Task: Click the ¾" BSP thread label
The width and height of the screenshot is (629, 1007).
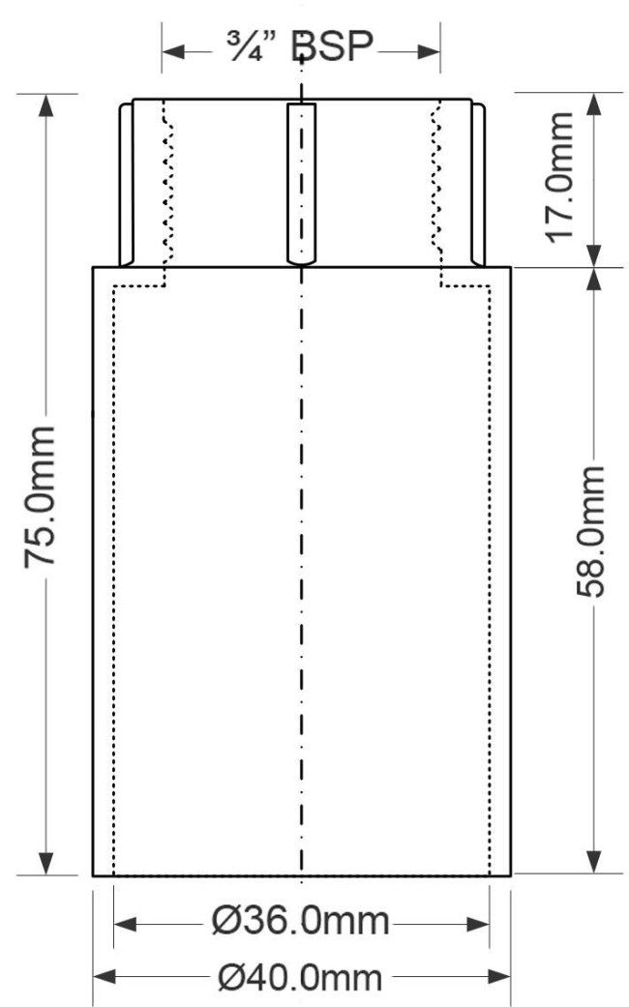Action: pyautogui.click(x=300, y=46)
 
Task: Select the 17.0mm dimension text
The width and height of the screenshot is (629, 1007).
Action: pyautogui.click(x=559, y=178)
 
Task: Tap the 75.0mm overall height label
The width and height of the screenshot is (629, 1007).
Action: pyautogui.click(x=40, y=496)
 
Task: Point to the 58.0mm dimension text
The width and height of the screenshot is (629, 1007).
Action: pyautogui.click(x=589, y=532)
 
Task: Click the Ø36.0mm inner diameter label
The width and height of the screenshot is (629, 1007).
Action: pyautogui.click(x=301, y=922)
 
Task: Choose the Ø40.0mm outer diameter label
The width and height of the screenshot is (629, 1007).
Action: pyautogui.click(x=301, y=977)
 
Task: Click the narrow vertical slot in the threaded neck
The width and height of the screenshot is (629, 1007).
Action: pyautogui.click(x=301, y=184)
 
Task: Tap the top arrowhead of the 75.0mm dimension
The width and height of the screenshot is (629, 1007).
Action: pyautogui.click(x=45, y=105)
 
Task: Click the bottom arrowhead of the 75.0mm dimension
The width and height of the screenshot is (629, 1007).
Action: pyautogui.click(x=45, y=863)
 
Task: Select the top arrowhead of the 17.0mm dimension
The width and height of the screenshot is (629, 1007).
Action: pyautogui.click(x=594, y=105)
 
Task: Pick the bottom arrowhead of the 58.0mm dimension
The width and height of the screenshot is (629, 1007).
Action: pyautogui.click(x=594, y=863)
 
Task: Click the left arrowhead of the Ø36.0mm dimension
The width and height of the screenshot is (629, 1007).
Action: pyautogui.click(x=125, y=924)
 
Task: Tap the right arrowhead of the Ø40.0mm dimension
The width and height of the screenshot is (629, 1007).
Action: pyautogui.click(x=498, y=977)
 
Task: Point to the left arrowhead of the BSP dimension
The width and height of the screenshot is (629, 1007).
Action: pyautogui.click(x=173, y=51)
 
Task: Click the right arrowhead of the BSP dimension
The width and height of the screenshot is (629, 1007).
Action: pyautogui.click(x=429, y=51)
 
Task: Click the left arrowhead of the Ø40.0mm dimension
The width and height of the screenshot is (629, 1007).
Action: pyautogui.click(x=105, y=977)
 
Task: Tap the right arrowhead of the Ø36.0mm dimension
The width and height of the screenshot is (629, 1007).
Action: pyautogui.click(x=478, y=924)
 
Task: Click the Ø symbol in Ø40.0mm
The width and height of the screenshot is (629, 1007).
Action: pyautogui.click(x=229, y=977)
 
